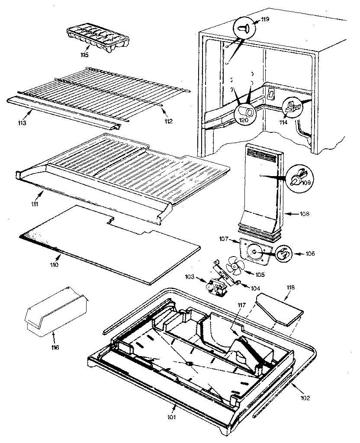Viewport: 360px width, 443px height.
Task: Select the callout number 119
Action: [265, 19]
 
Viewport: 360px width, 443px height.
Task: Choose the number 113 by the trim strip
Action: [22, 123]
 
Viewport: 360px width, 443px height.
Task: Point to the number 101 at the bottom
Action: [172, 417]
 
